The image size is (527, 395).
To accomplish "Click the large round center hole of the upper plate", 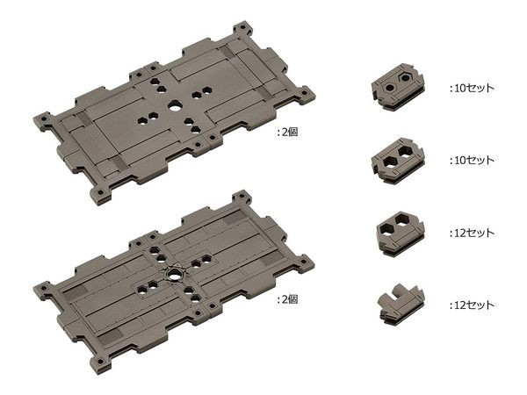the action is (x=175, y=107).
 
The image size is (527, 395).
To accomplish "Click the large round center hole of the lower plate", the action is (x=175, y=275).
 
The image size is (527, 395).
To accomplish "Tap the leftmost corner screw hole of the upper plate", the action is (x=43, y=118).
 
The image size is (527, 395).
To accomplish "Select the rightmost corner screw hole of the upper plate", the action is (x=304, y=93).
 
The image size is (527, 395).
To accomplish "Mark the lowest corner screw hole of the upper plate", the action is (x=100, y=194).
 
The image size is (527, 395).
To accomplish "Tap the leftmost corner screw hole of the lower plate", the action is (x=43, y=289).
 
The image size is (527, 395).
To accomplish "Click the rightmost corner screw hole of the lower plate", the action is (x=304, y=262).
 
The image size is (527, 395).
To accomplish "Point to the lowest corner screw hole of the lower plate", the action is (x=100, y=362).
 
